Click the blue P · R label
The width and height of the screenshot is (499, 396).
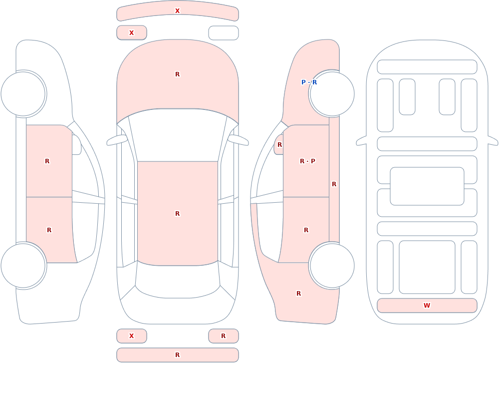pyautogui.click(x=309, y=82)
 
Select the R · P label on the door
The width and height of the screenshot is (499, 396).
pyautogui.click(x=307, y=161)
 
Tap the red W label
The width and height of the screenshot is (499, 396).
pyautogui.click(x=427, y=306)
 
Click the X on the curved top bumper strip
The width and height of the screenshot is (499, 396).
pyautogui.click(x=177, y=11)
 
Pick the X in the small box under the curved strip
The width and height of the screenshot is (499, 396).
pyautogui.click(x=131, y=33)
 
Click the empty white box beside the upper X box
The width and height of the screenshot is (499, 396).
pyautogui.click(x=224, y=33)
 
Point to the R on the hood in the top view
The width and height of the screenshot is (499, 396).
pyautogui.click(x=177, y=74)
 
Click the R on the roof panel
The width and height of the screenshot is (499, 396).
pyautogui.click(x=177, y=213)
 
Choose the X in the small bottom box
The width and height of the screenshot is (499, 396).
pyautogui.click(x=131, y=336)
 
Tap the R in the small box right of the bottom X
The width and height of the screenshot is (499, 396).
pyautogui.click(x=223, y=336)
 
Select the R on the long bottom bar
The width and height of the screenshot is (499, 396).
pyautogui.click(x=177, y=355)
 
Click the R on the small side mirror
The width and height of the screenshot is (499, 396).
pyautogui.click(x=279, y=145)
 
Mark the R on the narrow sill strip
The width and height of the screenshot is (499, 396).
pyautogui.click(x=334, y=184)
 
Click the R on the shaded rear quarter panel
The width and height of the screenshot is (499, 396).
pyautogui.click(x=298, y=294)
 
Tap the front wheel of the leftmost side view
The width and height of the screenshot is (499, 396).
pyautogui.click(x=23, y=94)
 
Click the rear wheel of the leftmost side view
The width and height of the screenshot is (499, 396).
pyautogui.click(x=23, y=265)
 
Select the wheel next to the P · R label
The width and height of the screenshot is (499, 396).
pyautogui.click(x=332, y=94)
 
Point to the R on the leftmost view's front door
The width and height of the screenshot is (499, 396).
pyautogui.click(x=47, y=161)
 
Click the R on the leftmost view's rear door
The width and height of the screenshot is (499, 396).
pyautogui.click(x=49, y=230)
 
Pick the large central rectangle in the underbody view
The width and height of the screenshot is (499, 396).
pyautogui.click(x=427, y=186)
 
